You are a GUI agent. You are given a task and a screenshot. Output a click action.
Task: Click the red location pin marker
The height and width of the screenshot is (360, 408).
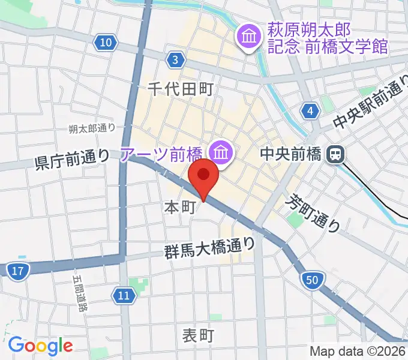[x=203, y=176]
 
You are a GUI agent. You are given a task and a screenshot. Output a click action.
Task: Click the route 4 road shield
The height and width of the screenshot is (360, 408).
[x=310, y=110]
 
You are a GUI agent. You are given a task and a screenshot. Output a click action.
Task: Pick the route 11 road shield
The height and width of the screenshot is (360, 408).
[x=123, y=295]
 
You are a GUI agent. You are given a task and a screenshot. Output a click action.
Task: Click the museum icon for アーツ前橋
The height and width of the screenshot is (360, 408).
[x=221, y=154]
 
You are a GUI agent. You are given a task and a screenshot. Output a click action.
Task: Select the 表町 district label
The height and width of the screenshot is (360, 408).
[x=198, y=335]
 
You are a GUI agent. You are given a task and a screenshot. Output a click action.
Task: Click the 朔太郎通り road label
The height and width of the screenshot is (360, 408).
[x=91, y=128]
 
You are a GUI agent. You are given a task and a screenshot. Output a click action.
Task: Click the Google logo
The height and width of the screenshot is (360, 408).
[x=40, y=346]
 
